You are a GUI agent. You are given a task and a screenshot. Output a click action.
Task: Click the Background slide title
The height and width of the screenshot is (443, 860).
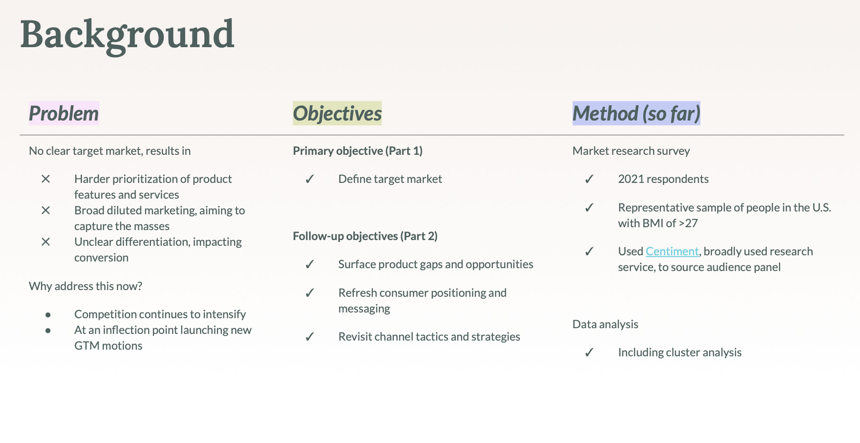(x=127, y=35)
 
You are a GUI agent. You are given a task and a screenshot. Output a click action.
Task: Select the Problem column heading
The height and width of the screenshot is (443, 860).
(x=64, y=113)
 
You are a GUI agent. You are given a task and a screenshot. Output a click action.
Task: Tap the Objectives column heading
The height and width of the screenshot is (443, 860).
(x=337, y=113)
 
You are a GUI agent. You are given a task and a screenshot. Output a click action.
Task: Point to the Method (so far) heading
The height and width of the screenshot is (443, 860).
(x=636, y=113)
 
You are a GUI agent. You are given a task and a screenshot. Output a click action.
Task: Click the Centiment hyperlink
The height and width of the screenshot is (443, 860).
(x=672, y=251)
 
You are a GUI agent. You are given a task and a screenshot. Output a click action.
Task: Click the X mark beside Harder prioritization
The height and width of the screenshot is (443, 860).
(x=46, y=179)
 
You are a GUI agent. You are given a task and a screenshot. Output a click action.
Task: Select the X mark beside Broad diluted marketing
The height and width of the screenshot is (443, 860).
(x=46, y=210)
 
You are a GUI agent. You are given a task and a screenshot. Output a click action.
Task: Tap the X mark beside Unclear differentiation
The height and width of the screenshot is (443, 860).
(x=46, y=242)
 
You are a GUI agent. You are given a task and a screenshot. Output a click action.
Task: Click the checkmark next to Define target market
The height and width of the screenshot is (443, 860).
(x=310, y=179)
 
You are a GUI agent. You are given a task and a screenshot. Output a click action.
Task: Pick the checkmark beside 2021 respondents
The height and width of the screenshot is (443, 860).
(x=590, y=179)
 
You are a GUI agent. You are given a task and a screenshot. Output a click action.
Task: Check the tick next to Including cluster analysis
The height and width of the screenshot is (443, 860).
(x=590, y=352)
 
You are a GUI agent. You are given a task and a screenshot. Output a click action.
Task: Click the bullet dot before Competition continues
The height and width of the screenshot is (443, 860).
(x=48, y=315)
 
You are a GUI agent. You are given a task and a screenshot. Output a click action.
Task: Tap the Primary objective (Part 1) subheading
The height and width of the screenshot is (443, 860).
(x=358, y=151)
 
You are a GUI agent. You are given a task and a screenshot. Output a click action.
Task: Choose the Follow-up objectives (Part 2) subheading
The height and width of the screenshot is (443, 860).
(x=365, y=236)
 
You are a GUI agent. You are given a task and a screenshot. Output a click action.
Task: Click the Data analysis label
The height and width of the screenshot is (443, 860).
(x=605, y=324)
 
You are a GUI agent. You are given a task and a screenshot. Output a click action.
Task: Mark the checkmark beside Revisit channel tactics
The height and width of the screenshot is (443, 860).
(x=310, y=337)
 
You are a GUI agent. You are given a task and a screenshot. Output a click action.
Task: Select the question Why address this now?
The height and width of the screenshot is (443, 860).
(x=86, y=286)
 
